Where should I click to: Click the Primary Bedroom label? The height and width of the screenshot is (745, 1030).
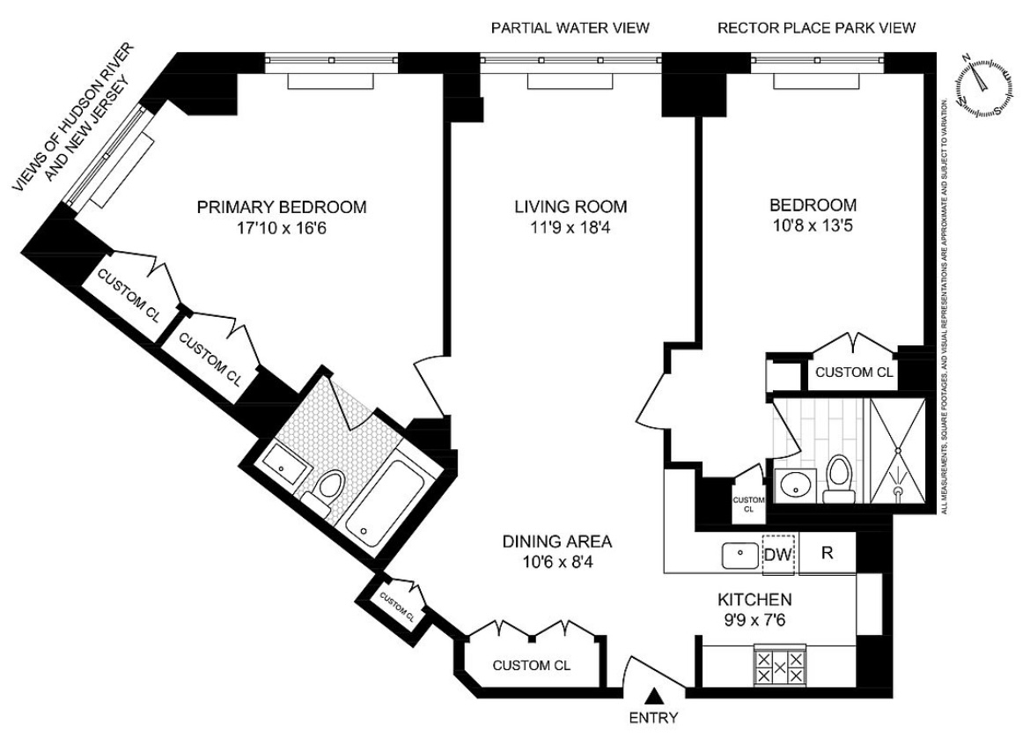coord(282,207)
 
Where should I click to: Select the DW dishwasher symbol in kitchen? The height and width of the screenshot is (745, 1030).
coord(779,554)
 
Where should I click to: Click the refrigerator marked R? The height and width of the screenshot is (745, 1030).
coord(827,553)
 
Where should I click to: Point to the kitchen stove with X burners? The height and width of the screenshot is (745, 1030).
coord(780,667)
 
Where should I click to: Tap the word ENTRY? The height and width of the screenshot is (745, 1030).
coord(653,718)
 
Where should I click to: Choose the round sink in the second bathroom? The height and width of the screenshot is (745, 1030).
coord(796,485)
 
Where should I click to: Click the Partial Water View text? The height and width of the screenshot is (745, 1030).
coord(570,27)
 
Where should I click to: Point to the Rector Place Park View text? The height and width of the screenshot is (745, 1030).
coord(816,27)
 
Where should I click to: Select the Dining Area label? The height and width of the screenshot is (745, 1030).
coord(557,542)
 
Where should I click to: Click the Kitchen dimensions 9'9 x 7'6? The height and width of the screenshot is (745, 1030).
coord(754,620)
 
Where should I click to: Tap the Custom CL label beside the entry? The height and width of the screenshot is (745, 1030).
coord(532,666)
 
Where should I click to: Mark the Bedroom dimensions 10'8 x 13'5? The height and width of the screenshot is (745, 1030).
coord(813,226)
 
